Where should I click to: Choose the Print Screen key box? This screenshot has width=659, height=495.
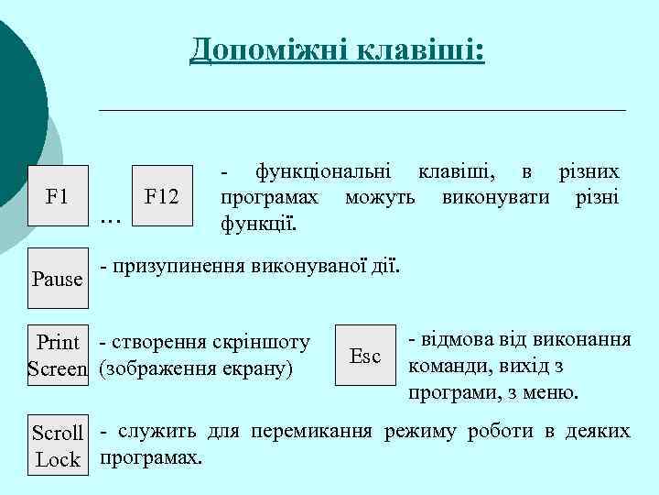[58, 356]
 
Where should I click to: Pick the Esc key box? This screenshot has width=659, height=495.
[365, 356]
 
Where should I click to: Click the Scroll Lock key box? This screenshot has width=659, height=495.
[58, 445]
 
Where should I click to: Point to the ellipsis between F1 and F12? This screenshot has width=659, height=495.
[110, 218]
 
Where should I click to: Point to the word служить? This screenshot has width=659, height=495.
[157, 432]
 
